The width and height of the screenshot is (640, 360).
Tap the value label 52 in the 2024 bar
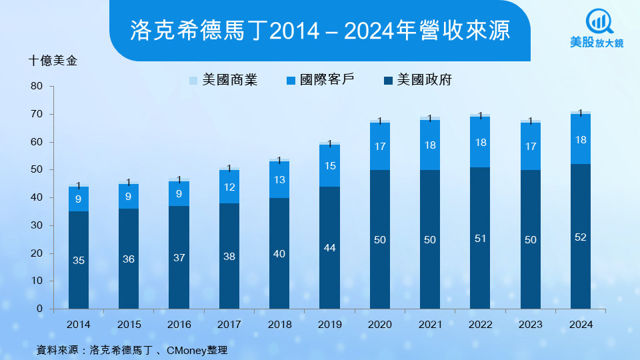tap(580, 237)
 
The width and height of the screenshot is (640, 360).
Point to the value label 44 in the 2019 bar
tap(329, 248)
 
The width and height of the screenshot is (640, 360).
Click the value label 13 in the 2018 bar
tap(279, 180)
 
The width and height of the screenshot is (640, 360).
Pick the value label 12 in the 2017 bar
tap(229, 187)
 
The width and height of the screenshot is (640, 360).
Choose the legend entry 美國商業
tap(224, 81)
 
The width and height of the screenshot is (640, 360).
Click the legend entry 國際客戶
tap(320, 81)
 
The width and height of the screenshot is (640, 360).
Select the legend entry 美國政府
tap(418, 81)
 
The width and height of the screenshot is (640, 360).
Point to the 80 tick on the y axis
tap(36, 87)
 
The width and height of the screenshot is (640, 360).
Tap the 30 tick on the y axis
tap(36, 226)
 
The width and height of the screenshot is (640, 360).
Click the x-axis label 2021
tap(430, 325)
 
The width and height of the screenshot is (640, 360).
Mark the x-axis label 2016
tap(179, 325)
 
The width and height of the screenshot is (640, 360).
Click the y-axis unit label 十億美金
tap(53, 61)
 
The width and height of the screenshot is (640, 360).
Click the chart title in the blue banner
tap(320, 29)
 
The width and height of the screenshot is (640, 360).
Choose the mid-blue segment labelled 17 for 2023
tap(530, 146)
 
